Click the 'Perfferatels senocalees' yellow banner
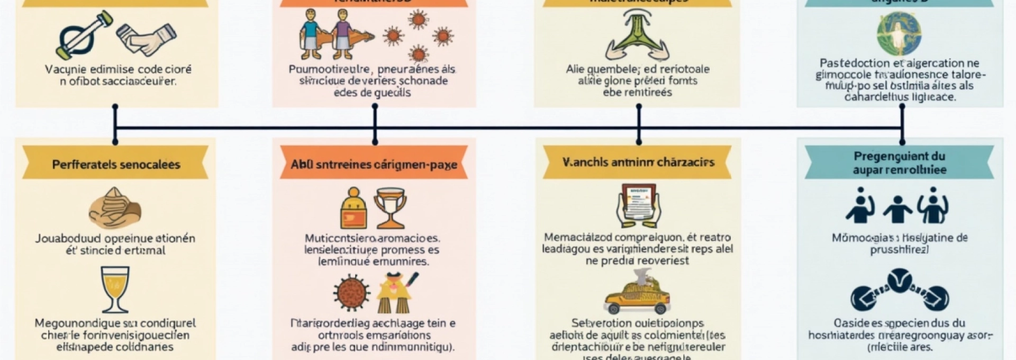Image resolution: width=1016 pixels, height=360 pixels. pyautogui.click(x=115, y=164)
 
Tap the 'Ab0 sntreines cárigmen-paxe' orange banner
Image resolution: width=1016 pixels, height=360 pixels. pyautogui.click(x=374, y=164)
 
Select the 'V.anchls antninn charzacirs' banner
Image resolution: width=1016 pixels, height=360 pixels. pyautogui.click(x=638, y=162)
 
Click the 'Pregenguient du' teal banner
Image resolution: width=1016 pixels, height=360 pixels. pyautogui.click(x=899, y=163)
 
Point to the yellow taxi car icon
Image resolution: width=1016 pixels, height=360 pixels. pyautogui.click(x=637, y=299)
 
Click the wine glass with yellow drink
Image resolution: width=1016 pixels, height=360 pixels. pyautogui.click(x=115, y=289)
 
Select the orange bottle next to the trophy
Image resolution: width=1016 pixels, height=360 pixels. pyautogui.click(x=353, y=209)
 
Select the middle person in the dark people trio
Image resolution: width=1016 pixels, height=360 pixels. pyautogui.click(x=897, y=209)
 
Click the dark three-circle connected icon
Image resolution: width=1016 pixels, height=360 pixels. pyautogui.click(x=899, y=292)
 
